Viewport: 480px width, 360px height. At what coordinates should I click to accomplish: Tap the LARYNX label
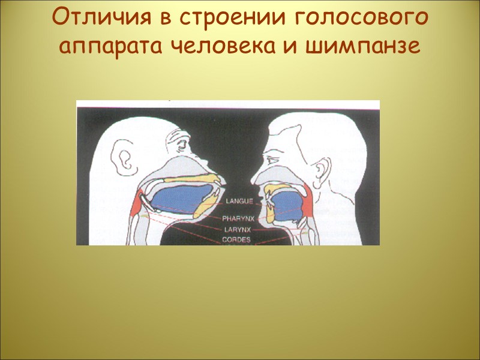click(x=240, y=229)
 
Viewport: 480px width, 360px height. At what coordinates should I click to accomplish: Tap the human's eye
click(x=273, y=157)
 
